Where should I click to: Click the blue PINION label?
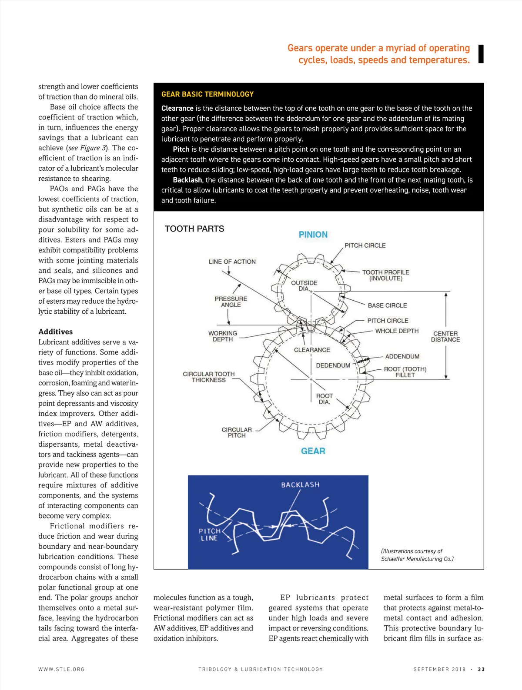coord(313,235)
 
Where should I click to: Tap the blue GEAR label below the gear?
coord(313,451)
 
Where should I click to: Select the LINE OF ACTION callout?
coord(232,262)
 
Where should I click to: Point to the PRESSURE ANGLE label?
coord(231,302)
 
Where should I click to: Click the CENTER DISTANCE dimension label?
coord(445,337)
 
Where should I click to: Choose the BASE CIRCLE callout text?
coord(387,305)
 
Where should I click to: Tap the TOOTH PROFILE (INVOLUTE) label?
coord(385,275)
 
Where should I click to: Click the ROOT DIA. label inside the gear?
coord(324,399)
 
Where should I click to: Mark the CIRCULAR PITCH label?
coord(237,432)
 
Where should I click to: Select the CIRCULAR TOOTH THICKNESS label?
coord(209,377)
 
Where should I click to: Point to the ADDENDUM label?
coord(402,356)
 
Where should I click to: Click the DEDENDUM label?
coord(333,365)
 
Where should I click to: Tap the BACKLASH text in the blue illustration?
coord(300,484)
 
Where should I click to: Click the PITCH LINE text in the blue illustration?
coord(209,534)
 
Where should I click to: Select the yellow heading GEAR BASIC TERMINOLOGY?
coord(207,94)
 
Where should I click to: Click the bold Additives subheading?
coord(55,332)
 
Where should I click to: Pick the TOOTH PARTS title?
coord(194,229)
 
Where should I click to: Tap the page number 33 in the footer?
coord(481,669)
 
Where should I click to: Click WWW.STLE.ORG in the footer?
coord(61,669)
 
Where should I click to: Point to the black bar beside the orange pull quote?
coord(481,54)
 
